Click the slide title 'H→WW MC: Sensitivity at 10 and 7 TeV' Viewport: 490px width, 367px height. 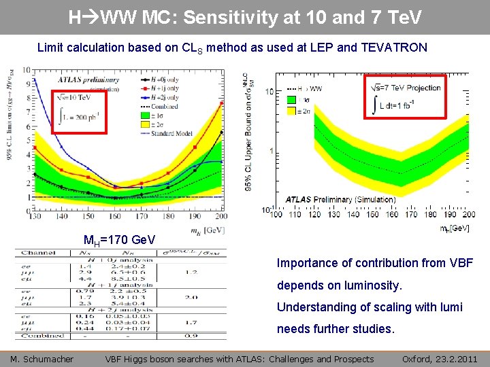[245, 17]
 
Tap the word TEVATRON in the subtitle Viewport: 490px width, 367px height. [397, 48]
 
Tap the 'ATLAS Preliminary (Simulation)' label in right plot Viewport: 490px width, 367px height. [340, 200]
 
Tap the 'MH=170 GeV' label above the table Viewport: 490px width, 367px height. [119, 240]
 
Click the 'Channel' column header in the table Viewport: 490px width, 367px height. [33, 253]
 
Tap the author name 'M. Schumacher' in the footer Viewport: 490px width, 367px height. [42, 359]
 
